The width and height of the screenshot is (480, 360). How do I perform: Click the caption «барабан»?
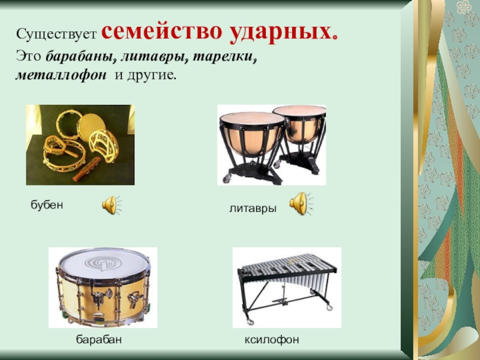[x=99, y=340]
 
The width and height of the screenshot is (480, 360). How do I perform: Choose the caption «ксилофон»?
[x=271, y=340]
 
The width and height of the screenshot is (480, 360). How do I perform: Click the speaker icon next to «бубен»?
[x=111, y=205]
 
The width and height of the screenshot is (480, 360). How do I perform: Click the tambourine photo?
[x=80, y=145]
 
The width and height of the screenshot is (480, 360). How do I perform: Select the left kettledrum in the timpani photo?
[x=252, y=135]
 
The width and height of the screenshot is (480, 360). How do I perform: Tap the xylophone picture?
[x=286, y=279]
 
